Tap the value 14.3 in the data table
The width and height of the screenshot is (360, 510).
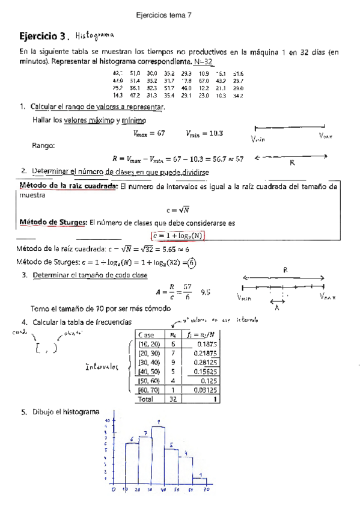(x=117, y=96)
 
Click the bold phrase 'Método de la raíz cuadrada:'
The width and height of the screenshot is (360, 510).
(x=67, y=186)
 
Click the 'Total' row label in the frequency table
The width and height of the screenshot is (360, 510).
(x=146, y=399)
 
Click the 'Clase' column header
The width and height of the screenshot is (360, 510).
(x=146, y=334)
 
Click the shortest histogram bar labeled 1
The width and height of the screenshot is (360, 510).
(x=199, y=480)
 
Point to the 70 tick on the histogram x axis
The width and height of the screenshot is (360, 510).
(x=205, y=490)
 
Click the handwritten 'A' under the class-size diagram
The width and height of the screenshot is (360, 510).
(x=277, y=307)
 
